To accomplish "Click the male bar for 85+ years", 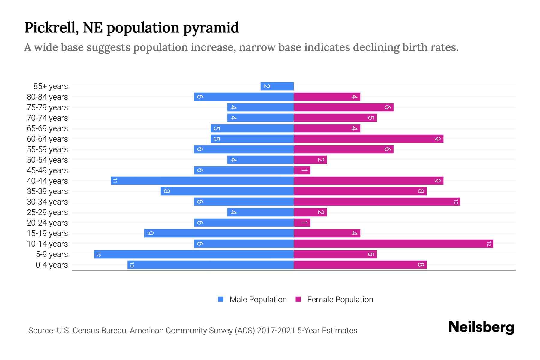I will [x=277, y=86].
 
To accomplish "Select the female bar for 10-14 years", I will [x=393, y=244].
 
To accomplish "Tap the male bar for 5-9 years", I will [x=194, y=254].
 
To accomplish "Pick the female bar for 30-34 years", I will [x=377, y=202].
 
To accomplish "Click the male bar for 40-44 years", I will [x=202, y=181].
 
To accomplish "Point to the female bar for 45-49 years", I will [x=302, y=170].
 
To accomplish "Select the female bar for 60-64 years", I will [x=368, y=139].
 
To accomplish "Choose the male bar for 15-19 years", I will [x=219, y=233].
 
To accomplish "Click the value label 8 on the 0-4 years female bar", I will [x=421, y=265].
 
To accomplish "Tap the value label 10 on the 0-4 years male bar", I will [x=132, y=265].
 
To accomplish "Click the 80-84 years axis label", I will [x=47, y=97].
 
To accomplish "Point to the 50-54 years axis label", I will [x=47, y=160].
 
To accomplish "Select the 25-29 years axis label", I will [x=47, y=212].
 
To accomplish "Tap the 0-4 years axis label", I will [x=52, y=265].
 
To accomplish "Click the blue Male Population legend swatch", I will [x=221, y=299].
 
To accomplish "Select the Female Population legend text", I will [x=340, y=300].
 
